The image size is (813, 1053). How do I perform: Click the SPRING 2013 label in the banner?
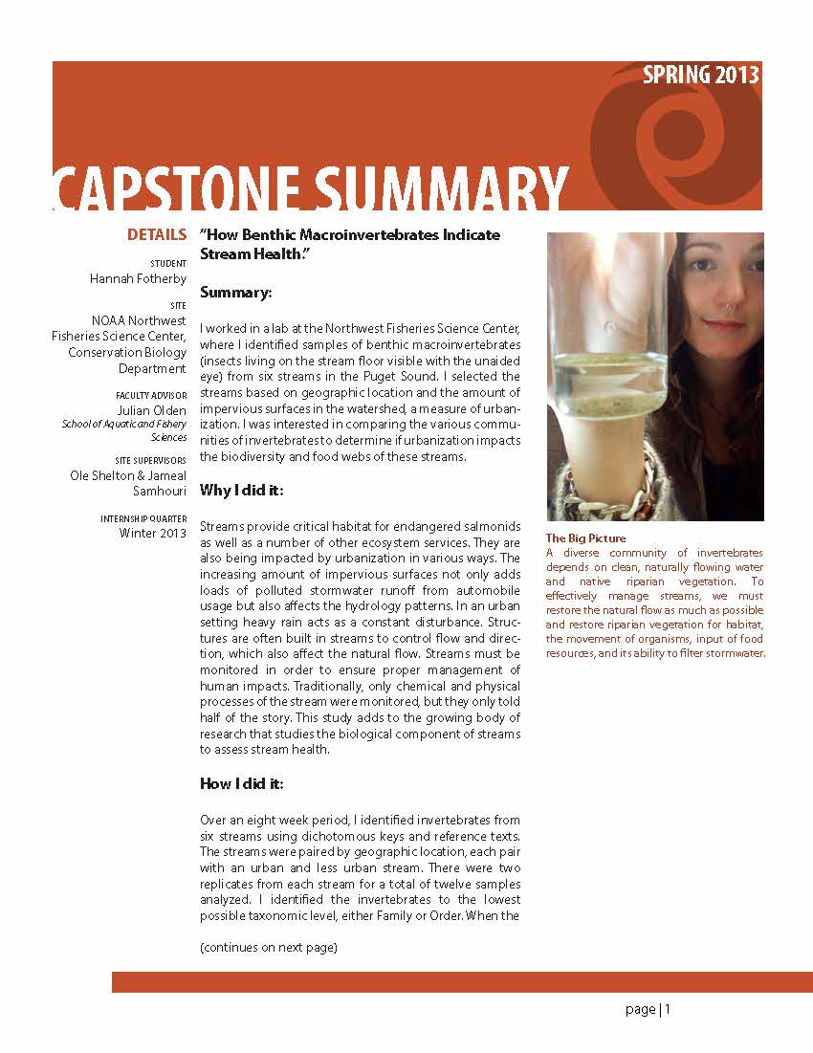(701, 76)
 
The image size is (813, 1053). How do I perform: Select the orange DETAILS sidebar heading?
(157, 235)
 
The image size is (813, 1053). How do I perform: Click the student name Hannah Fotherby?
(138, 278)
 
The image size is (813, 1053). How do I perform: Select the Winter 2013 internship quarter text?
(153, 533)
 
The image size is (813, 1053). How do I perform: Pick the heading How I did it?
(241, 783)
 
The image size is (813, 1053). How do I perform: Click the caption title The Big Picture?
(585, 538)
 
